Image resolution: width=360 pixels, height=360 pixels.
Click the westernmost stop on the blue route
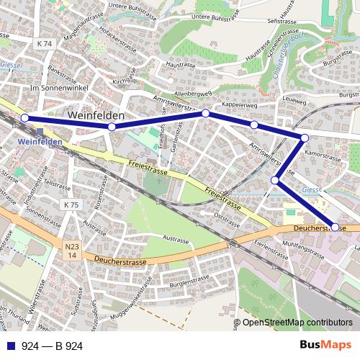point(24,118)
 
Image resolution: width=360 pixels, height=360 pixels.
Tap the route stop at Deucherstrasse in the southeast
point(335,227)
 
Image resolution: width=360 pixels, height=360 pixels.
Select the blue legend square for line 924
point(11,346)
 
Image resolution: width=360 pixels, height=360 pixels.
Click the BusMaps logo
point(326,346)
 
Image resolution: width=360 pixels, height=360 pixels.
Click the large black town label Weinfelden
point(96,115)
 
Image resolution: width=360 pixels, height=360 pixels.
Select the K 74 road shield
point(44,44)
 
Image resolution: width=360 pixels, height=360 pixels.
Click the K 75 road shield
point(71,205)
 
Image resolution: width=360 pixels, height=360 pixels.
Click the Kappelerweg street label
point(240,105)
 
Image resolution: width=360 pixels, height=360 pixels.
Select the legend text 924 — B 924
point(53,346)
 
